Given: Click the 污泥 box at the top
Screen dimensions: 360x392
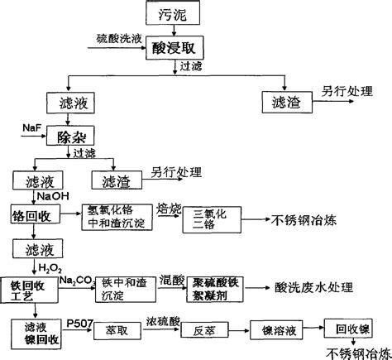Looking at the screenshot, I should click(x=171, y=15).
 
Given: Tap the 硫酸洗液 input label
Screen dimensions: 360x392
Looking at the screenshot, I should click(x=118, y=39).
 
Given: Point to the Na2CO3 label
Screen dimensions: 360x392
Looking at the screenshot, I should click(x=78, y=281).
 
